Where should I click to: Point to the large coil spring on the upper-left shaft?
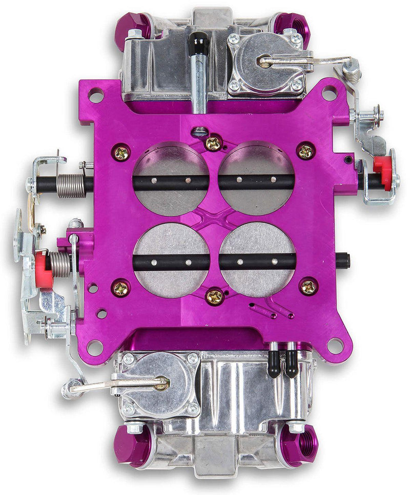(70, 185)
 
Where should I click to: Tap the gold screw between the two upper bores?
(213, 143)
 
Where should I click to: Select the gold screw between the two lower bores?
(215, 296)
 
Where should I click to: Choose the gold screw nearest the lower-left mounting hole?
(121, 288)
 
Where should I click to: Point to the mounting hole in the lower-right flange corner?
(335, 346)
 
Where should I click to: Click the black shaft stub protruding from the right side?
(343, 261)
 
